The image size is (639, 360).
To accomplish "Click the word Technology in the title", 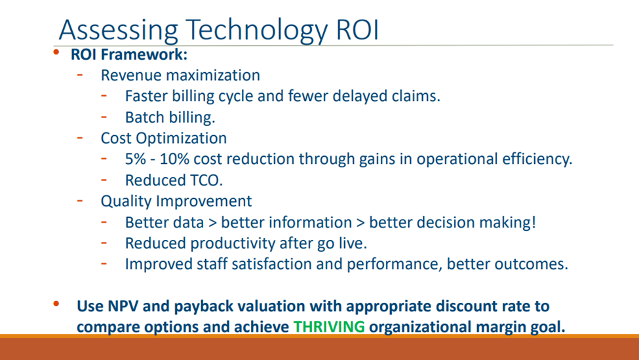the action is click(257, 30).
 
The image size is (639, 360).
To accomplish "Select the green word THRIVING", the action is click(329, 327).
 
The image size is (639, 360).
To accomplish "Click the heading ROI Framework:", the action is click(129, 54).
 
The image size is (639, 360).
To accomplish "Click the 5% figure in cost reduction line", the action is click(135, 159).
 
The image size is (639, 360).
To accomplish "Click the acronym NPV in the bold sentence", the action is click(123, 306).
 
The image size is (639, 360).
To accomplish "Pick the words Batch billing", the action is click(170, 117).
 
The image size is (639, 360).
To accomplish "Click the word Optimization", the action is click(181, 138).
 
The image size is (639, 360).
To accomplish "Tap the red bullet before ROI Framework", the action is click(56, 52).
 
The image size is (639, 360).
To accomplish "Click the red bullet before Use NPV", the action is click(56, 304).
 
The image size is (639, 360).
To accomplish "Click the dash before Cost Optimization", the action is click(80, 138).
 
